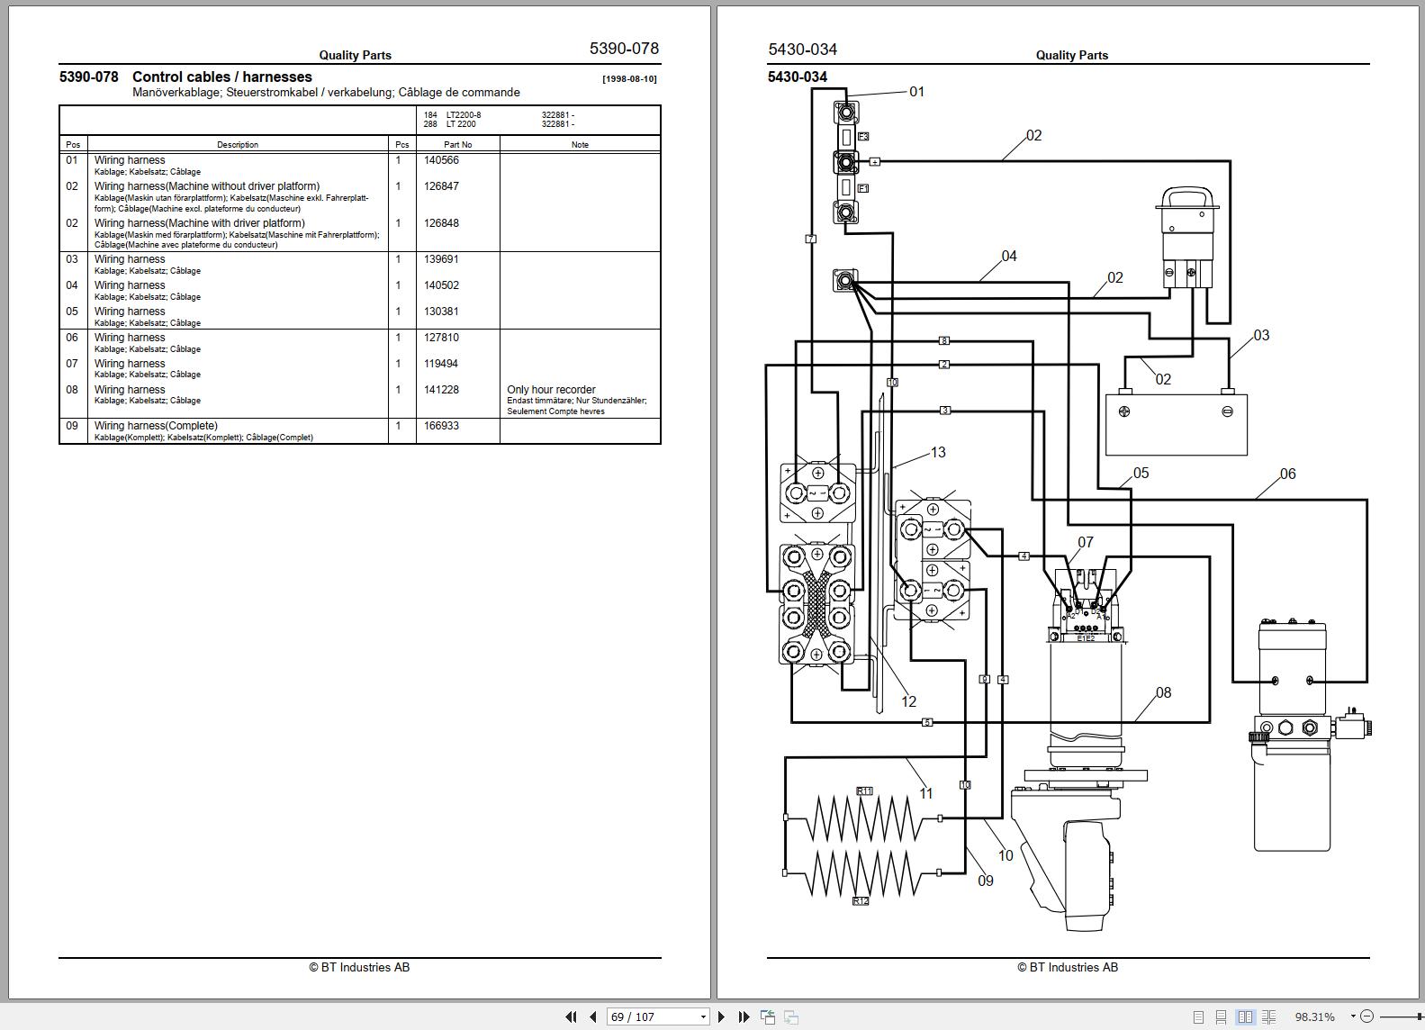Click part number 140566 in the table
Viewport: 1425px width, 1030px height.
(441, 160)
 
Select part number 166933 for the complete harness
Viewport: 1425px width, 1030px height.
(441, 426)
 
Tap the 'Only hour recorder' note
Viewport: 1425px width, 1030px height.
(551, 390)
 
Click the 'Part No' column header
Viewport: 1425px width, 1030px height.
(457, 144)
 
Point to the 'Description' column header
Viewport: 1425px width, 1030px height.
(238, 144)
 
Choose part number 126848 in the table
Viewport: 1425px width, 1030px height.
(441, 223)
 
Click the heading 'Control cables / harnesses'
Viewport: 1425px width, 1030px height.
(221, 77)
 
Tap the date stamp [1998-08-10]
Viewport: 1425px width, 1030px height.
(629, 79)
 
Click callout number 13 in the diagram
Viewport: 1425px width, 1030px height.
(938, 452)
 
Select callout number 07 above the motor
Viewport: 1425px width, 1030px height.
(1086, 542)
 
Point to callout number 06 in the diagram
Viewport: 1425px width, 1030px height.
(1287, 474)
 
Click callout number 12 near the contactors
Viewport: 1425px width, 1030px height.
(908, 701)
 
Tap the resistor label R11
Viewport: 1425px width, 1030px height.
(864, 791)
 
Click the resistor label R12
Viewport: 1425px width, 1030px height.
(861, 900)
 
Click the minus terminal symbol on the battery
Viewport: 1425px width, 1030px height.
(1227, 411)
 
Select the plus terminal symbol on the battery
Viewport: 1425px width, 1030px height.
(1124, 411)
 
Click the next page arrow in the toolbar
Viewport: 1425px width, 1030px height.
(721, 1016)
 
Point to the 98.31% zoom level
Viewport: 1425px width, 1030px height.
(1314, 1016)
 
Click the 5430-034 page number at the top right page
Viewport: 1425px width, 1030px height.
(803, 50)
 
